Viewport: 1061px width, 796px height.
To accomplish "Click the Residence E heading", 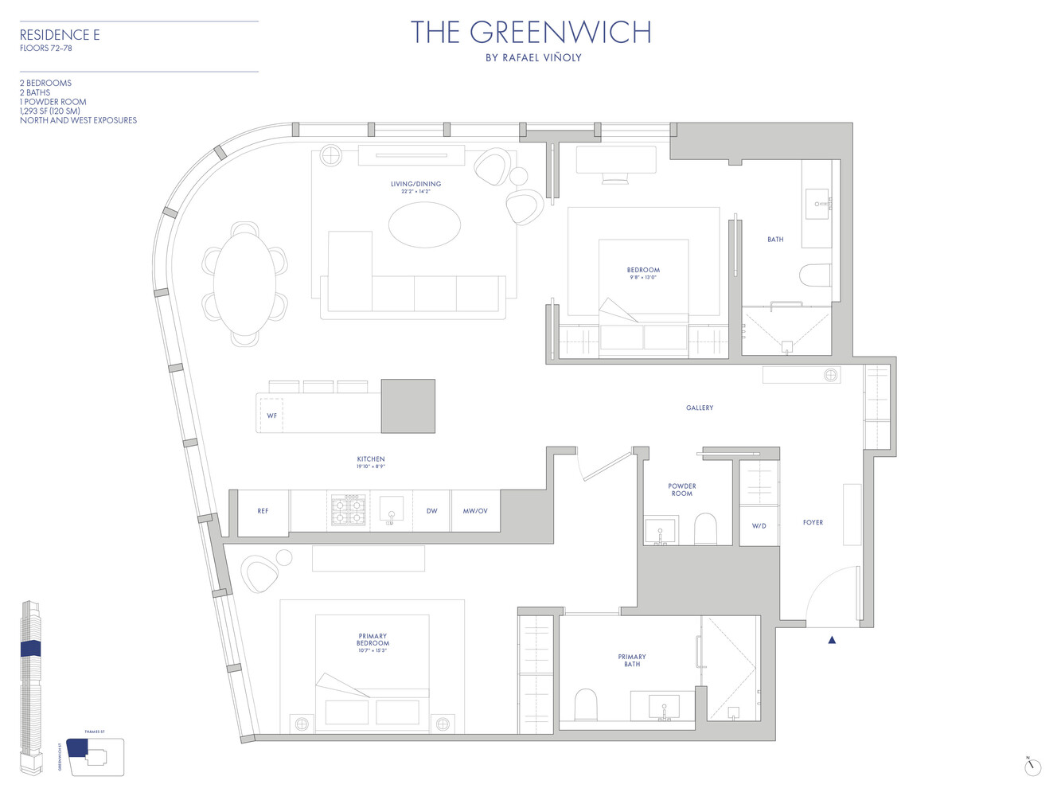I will click(x=60, y=35).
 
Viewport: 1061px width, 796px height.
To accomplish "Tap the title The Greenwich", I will click(x=531, y=33).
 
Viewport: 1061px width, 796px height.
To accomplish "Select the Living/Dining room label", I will click(x=415, y=184).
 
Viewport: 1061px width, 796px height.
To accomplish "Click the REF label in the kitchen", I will click(x=263, y=511).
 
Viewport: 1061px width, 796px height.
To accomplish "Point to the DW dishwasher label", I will click(x=431, y=511).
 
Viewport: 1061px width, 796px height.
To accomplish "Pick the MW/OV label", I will click(x=475, y=511).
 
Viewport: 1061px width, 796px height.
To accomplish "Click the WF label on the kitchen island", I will click(x=271, y=416).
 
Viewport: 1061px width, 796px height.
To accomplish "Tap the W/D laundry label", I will click(x=759, y=526).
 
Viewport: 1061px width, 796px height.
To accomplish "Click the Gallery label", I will click(x=700, y=408).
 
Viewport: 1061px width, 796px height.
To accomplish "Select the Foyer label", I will click(x=813, y=523).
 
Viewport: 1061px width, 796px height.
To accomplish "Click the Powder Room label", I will click(x=682, y=490).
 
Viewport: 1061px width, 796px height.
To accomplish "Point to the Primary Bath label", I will click(x=632, y=661).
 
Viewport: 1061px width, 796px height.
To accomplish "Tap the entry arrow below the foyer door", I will click(x=832, y=640).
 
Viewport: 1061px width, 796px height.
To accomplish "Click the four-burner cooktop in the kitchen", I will click(x=348, y=510).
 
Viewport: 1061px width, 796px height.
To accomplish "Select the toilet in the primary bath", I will click(x=586, y=704).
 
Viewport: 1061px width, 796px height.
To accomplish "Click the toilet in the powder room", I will click(x=705, y=528).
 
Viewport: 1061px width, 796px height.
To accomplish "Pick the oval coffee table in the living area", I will click(x=424, y=224).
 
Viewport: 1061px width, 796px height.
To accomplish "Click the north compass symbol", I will click(x=1032, y=767).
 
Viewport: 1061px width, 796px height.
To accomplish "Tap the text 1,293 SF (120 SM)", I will click(x=50, y=111).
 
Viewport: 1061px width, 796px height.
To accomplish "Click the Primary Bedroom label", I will click(x=373, y=640).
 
